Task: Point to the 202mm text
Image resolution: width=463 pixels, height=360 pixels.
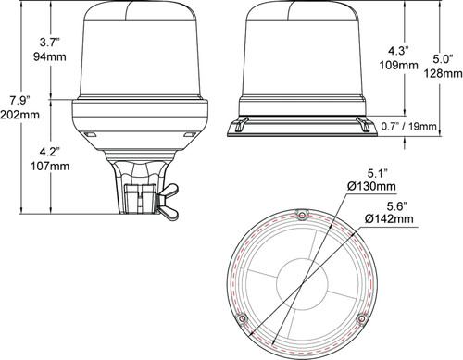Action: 19,114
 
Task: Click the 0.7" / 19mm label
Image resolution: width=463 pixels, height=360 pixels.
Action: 420,125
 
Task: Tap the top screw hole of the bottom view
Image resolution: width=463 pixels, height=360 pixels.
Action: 302,217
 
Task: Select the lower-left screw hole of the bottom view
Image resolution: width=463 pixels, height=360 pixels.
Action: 242,319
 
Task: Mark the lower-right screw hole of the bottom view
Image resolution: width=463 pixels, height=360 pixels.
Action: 361,319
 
